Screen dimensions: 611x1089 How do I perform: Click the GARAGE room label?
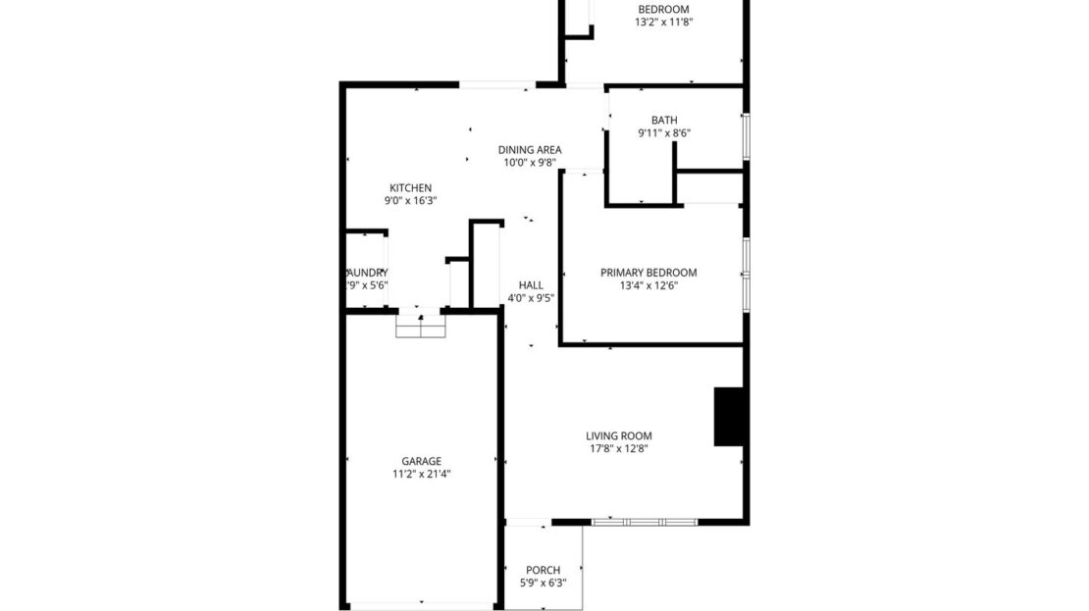point(421,461)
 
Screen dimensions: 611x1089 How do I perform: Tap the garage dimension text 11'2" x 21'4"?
point(421,474)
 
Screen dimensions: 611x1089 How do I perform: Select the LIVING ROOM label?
point(618,436)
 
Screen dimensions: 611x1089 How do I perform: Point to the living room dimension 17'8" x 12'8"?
point(618,449)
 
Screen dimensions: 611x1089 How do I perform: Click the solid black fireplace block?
point(728,417)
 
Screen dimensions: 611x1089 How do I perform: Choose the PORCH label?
point(543,570)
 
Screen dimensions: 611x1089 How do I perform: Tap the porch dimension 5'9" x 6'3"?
point(543,583)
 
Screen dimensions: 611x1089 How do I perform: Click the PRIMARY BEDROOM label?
point(648,273)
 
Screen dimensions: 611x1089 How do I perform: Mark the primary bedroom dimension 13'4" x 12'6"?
point(648,285)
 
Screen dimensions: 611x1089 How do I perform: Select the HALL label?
point(531,285)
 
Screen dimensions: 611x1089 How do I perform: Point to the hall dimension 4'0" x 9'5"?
point(531,298)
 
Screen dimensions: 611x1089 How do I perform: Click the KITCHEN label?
point(410,188)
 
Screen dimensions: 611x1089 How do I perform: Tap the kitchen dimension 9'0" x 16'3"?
point(410,201)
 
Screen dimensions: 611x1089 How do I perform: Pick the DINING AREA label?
point(529,150)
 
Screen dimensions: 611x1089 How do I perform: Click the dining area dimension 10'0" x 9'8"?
point(529,163)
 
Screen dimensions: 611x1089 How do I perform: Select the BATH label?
point(664,121)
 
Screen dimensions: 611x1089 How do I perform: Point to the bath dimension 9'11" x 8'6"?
point(664,133)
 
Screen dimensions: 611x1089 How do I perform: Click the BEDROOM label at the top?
point(664,10)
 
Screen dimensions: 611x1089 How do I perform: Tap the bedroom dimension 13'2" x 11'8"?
point(664,23)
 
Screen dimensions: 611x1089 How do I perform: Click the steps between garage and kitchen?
point(421,326)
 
